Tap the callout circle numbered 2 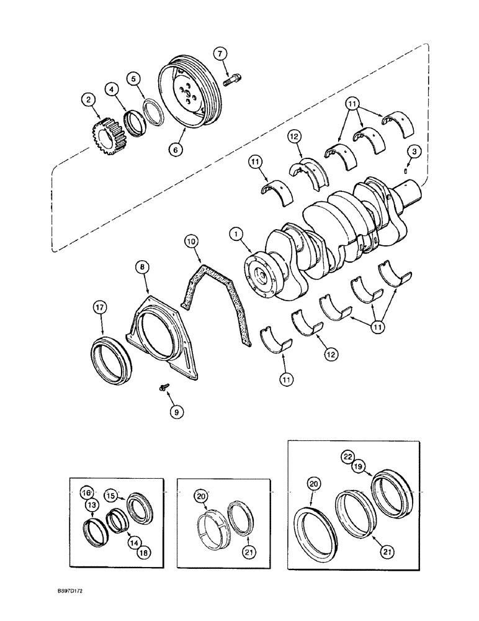pyautogui.click(x=90, y=99)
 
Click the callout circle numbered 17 pyautogui.click(x=99, y=307)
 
